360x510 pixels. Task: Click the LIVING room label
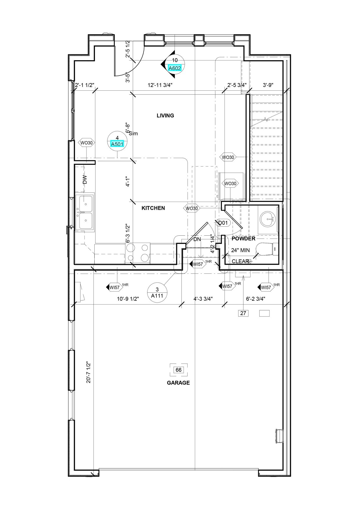[165, 115]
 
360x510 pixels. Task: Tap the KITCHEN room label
[153, 208]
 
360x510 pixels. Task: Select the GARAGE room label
[178, 383]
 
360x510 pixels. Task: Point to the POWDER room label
[243, 239]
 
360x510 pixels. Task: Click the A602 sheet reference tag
[175, 68]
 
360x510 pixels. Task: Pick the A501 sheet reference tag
[117, 144]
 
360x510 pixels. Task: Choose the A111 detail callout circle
[157, 293]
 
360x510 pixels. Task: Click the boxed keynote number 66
[179, 370]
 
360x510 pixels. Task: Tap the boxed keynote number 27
[243, 313]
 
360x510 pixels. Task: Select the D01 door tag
[223, 223]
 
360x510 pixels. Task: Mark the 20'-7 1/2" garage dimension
[89, 372]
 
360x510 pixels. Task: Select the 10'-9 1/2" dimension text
[128, 298]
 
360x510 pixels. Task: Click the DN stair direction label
[197, 239]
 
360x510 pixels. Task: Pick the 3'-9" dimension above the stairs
[268, 85]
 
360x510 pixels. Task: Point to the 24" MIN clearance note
[240, 250]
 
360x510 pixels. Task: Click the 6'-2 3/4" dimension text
[255, 298]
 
